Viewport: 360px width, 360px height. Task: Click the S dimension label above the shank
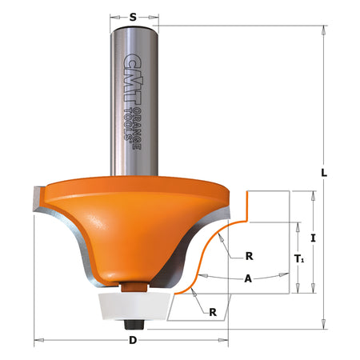(133, 18)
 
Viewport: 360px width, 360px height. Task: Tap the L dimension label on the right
(324, 173)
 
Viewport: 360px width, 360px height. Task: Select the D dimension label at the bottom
(133, 340)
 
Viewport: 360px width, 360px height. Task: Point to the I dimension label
(313, 238)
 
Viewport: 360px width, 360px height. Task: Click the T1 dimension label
(299, 258)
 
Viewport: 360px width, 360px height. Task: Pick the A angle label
(248, 278)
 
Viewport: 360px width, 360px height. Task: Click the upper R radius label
(249, 256)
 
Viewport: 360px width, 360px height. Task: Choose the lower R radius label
(213, 312)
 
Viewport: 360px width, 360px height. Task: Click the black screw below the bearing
(134, 325)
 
